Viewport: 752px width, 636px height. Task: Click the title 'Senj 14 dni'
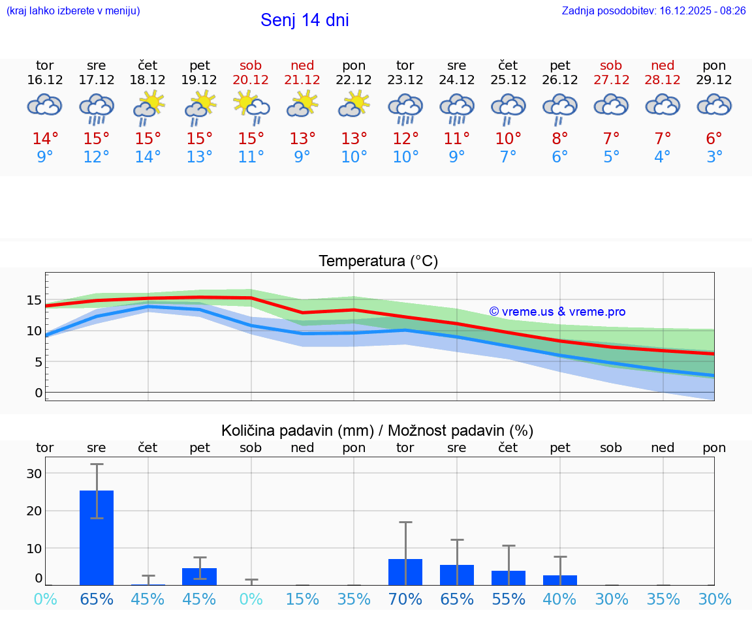[x=304, y=20]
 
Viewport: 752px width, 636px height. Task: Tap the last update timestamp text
[x=653, y=10]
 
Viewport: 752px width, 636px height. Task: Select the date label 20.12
[x=251, y=80]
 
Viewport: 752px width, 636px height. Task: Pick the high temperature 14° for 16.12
[x=45, y=139]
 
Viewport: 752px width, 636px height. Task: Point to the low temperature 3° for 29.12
[x=714, y=157]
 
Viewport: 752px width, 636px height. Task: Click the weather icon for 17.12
[x=97, y=108]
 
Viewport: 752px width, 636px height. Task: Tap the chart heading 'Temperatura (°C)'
[x=378, y=262]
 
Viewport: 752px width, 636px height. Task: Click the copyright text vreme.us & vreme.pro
[x=557, y=312]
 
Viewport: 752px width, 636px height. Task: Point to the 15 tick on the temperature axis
[x=34, y=300]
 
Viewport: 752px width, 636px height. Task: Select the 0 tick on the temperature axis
[x=38, y=393]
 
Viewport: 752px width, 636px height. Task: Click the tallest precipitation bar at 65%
[x=97, y=538]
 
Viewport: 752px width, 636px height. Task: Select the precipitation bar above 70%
[x=405, y=572]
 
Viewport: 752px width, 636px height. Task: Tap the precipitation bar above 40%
[x=559, y=580]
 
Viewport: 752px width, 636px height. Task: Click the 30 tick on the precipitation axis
[x=34, y=474]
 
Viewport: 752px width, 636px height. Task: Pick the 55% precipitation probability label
[x=508, y=599]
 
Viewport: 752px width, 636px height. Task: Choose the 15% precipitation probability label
[x=302, y=599]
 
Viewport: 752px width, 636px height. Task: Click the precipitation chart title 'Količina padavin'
[x=297, y=431]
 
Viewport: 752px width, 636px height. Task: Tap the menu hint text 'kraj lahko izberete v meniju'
[x=73, y=10]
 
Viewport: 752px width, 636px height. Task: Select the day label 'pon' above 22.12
[x=354, y=65]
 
